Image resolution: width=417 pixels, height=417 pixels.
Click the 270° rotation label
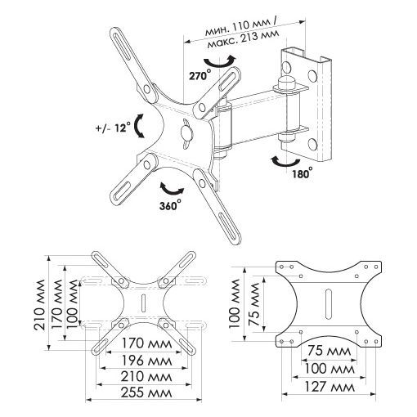coord(200,75)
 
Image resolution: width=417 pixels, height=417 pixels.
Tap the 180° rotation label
coord(303,173)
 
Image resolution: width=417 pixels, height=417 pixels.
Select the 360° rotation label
coord(170,205)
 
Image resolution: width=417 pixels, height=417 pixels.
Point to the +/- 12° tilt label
coord(113,128)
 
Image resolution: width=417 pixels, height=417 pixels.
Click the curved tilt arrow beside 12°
coord(138,126)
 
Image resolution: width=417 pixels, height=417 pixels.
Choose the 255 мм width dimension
coord(146,392)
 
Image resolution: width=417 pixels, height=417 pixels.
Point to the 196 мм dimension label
coord(146,361)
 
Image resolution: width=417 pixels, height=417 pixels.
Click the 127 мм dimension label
coord(330,387)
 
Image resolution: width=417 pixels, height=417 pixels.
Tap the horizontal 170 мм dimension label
coord(146,343)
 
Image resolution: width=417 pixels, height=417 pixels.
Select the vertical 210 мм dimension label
coord(40,304)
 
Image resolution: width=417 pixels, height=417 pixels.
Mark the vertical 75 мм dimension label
coord(253,304)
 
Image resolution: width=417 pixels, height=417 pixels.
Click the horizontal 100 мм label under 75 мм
coord(330,369)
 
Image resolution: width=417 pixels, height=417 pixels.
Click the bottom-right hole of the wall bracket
coord(312,143)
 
